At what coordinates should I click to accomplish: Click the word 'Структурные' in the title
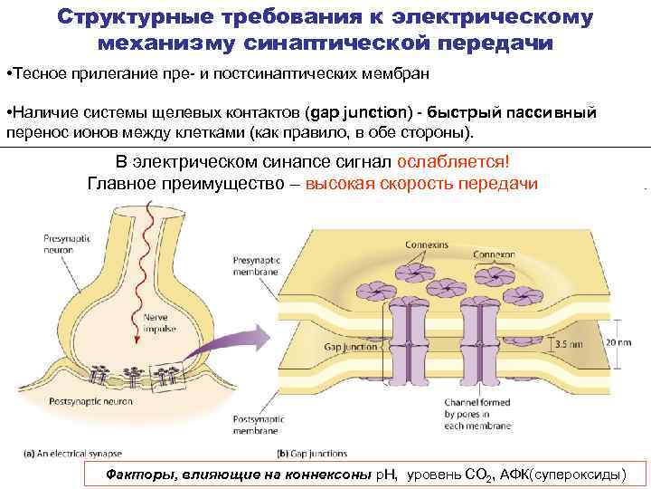tap(135, 17)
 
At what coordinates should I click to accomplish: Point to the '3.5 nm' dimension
tap(569, 344)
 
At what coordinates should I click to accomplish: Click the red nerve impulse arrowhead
tap(138, 338)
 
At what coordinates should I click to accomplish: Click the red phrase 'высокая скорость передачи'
tap(421, 184)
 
